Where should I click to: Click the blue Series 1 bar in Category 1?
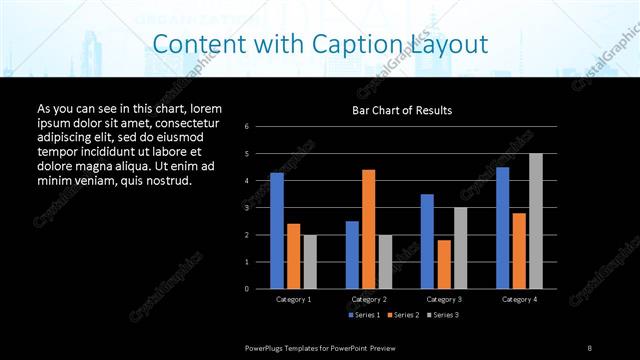pos(277,231)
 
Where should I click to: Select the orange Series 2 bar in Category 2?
pos(368,229)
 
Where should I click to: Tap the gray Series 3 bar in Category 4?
pos(535,221)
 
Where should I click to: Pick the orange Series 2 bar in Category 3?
pos(443,264)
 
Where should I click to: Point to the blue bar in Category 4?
pos(502,228)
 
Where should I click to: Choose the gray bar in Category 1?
pos(310,262)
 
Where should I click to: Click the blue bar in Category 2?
pos(352,255)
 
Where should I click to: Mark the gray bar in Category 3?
pos(460,248)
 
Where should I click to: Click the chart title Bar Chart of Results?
pos(401,110)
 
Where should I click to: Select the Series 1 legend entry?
pos(364,315)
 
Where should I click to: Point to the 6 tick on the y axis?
pos(247,127)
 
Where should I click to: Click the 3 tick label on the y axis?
pos(247,208)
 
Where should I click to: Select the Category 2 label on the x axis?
pos(368,299)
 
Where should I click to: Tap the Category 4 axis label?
pos(519,299)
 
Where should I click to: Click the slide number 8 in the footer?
pos(590,347)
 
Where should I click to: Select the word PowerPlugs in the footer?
pos(266,347)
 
